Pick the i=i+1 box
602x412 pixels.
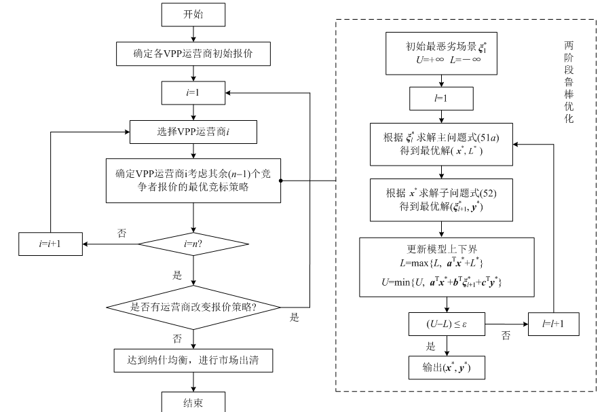point(52,243)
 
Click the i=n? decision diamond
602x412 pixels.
point(193,243)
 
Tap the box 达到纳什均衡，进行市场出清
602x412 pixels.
point(193,360)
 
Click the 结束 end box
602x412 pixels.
point(193,402)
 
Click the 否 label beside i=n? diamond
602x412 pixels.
point(123,233)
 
